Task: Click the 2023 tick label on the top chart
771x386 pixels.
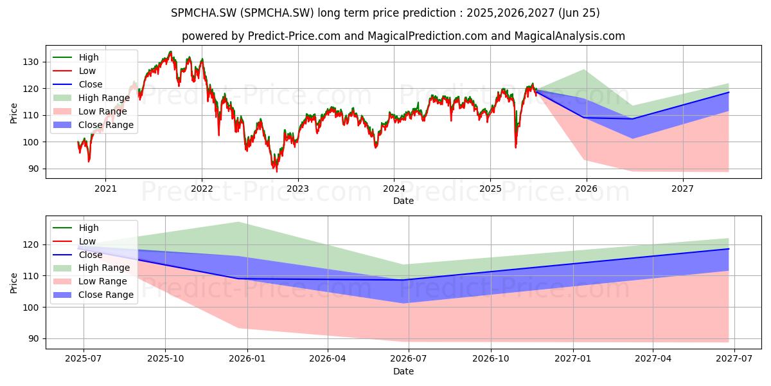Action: coord(297,188)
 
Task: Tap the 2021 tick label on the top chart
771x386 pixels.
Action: coord(105,188)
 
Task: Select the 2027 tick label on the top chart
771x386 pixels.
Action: coord(682,188)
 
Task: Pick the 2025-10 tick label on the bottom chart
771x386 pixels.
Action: coord(165,359)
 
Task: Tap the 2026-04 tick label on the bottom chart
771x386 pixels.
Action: coord(327,359)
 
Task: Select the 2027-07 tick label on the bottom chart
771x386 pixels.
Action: coord(734,359)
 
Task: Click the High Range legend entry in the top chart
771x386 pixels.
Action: coord(91,98)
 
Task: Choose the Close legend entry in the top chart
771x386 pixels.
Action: coord(78,84)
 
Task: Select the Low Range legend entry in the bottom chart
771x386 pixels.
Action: coord(90,281)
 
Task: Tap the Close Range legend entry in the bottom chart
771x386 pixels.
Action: coord(93,295)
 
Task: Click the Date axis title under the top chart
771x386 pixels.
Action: coord(403,201)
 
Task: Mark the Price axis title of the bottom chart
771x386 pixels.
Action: coord(13,283)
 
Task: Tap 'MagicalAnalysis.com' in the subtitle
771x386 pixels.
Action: coord(570,36)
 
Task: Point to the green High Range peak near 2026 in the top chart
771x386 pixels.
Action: coord(584,70)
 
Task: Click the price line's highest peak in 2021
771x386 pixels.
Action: coord(170,51)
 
